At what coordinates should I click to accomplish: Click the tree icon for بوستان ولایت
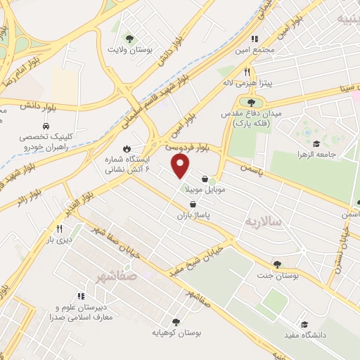pyautogui.click(x=129, y=38)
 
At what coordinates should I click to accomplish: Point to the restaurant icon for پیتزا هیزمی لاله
pyautogui.click(x=247, y=72)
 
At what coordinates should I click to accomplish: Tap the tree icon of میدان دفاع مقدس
pyautogui.click(x=251, y=103)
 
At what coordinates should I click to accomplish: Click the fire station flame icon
pyautogui.click(x=127, y=148)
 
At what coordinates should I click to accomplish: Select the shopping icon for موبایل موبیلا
pyautogui.click(x=205, y=179)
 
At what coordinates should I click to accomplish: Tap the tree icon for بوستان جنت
pyautogui.click(x=278, y=264)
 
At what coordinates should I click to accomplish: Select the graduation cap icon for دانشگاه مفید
pyautogui.click(x=304, y=324)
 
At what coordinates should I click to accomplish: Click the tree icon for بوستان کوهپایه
pyautogui.click(x=175, y=321)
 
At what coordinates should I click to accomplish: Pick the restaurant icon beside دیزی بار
pyautogui.click(x=59, y=229)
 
